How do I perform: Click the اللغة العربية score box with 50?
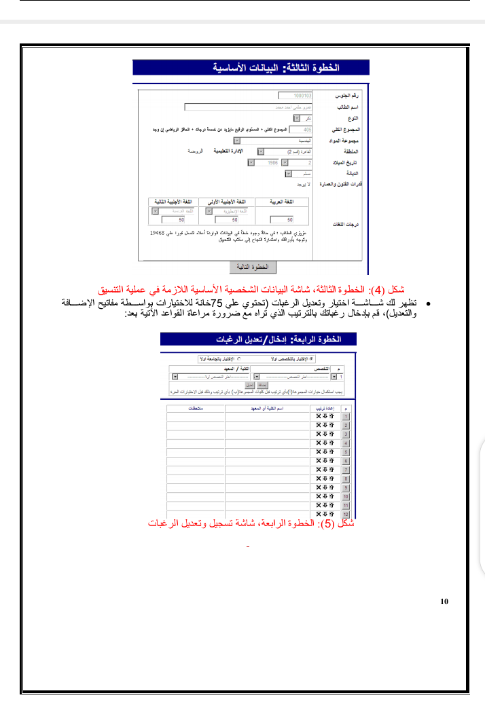pyautogui.click(x=281, y=220)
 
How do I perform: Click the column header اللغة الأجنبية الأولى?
pyautogui.click(x=232, y=202)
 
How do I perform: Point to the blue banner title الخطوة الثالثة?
pyautogui.click(x=251, y=68)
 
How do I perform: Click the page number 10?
pyautogui.click(x=444, y=601)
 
